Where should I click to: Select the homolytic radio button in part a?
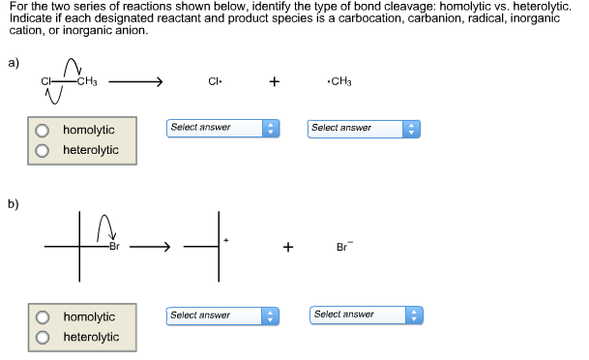[x=43, y=130]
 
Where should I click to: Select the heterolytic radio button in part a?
[x=43, y=150]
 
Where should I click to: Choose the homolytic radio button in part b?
[x=43, y=316]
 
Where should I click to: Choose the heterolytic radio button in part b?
[x=43, y=337]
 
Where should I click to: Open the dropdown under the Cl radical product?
[x=221, y=128]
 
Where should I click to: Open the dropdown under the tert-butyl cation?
[x=221, y=315]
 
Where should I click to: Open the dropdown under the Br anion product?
[x=367, y=315]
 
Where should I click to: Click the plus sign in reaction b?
[x=287, y=248]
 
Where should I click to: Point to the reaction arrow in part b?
[x=151, y=248]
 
